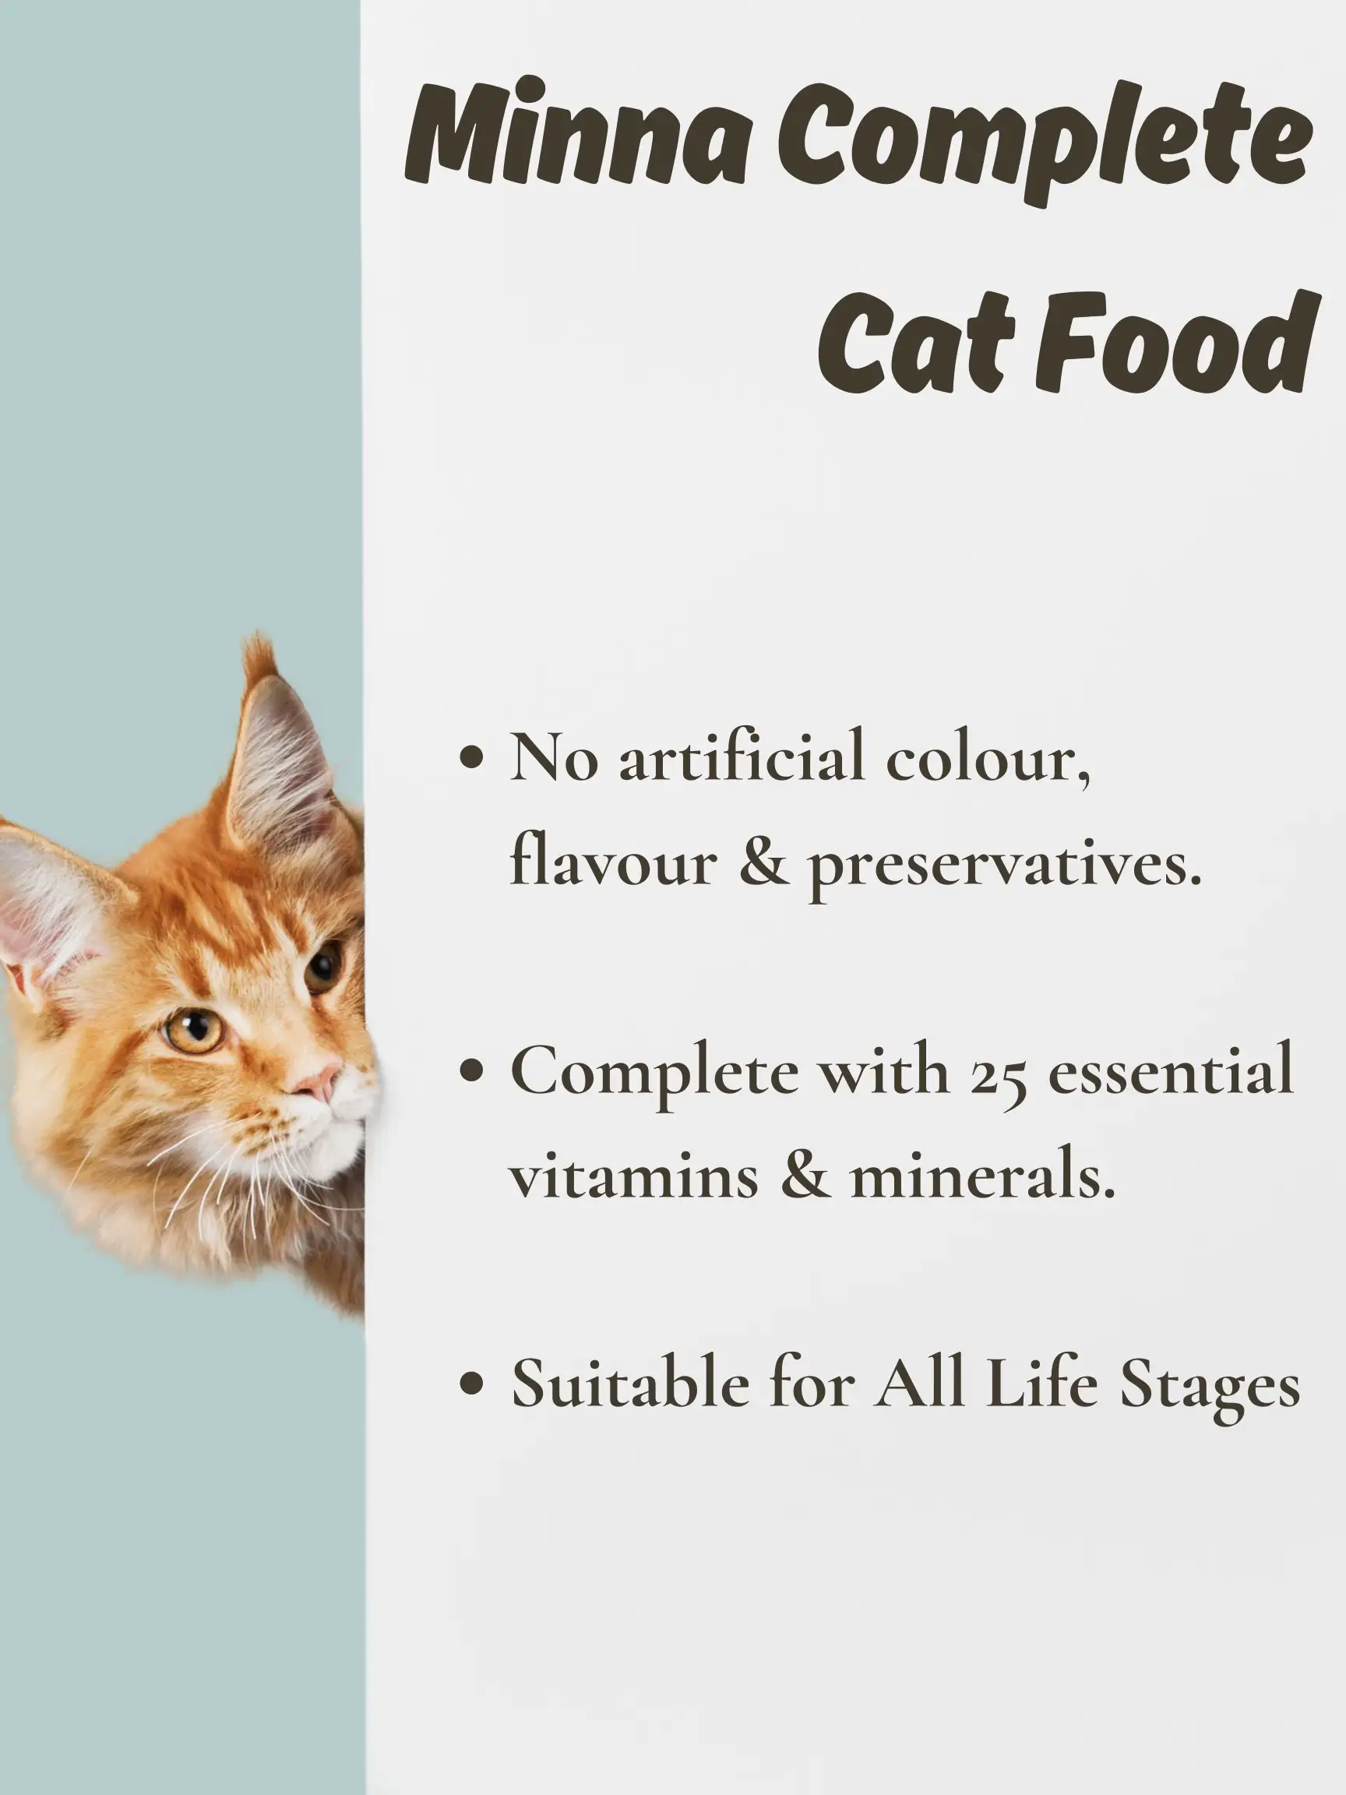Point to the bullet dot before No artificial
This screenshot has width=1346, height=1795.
coord(471,760)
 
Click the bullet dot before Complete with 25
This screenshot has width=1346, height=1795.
coord(471,1070)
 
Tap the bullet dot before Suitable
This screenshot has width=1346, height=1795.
coord(471,1382)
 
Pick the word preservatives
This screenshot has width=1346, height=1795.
coord(1003,866)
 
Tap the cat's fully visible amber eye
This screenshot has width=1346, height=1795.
coord(195,1031)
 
